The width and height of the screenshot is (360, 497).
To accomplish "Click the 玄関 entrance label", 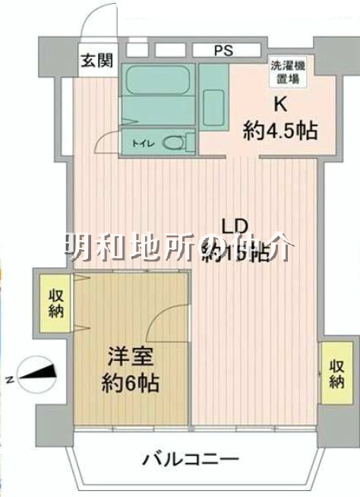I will pyautogui.click(x=96, y=61).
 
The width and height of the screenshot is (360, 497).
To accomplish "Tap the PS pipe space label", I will pyautogui.click(x=223, y=51).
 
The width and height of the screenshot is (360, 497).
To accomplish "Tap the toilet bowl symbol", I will pyautogui.click(x=175, y=141).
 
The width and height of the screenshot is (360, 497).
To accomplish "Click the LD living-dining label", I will pyautogui.click(x=235, y=226).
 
